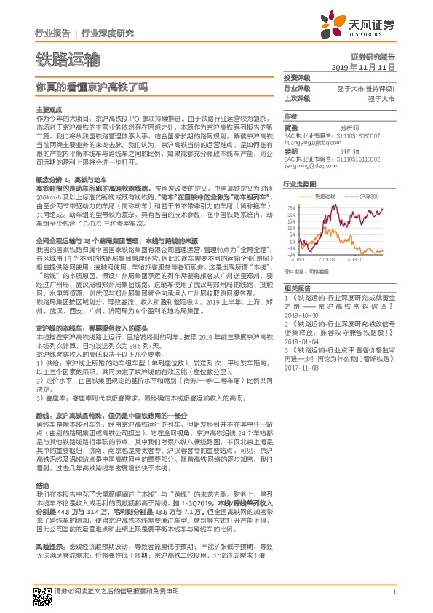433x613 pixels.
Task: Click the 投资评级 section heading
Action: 297,77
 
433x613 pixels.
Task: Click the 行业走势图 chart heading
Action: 298,185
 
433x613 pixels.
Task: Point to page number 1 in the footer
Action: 394,592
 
